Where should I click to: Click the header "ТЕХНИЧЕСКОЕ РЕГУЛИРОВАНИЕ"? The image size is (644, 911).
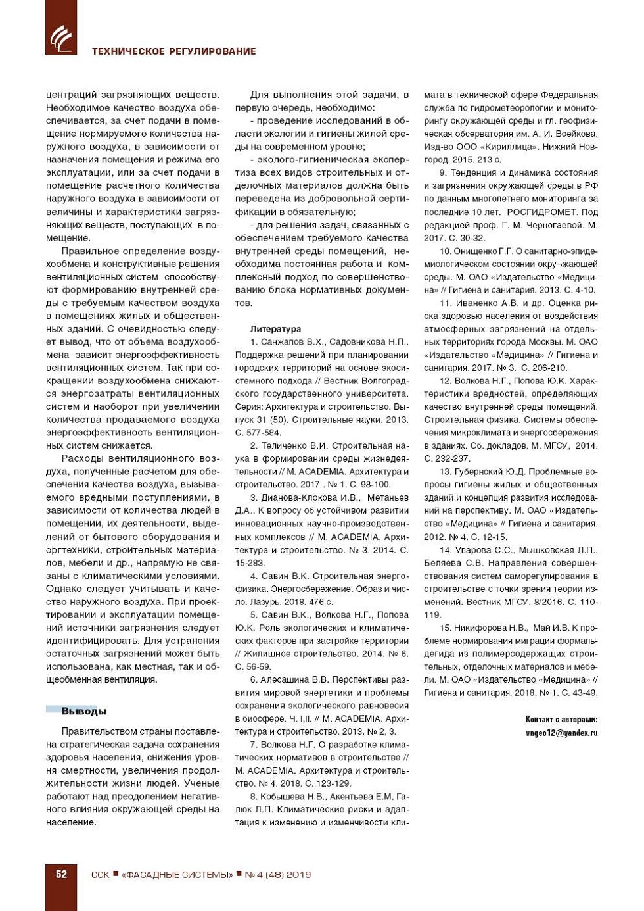pos(173,51)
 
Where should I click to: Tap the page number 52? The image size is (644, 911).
pos(61,874)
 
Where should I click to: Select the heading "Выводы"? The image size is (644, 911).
pos(83,711)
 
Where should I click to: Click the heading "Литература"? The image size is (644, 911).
pos(275,329)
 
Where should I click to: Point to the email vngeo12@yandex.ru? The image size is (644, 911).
pos(561,733)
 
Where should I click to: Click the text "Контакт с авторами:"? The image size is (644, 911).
pos(561,720)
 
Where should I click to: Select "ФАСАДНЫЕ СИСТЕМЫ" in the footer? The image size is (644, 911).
pos(177,875)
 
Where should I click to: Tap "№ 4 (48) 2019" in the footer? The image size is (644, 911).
pos(277,875)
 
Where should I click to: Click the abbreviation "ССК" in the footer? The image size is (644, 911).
pos(100,875)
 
